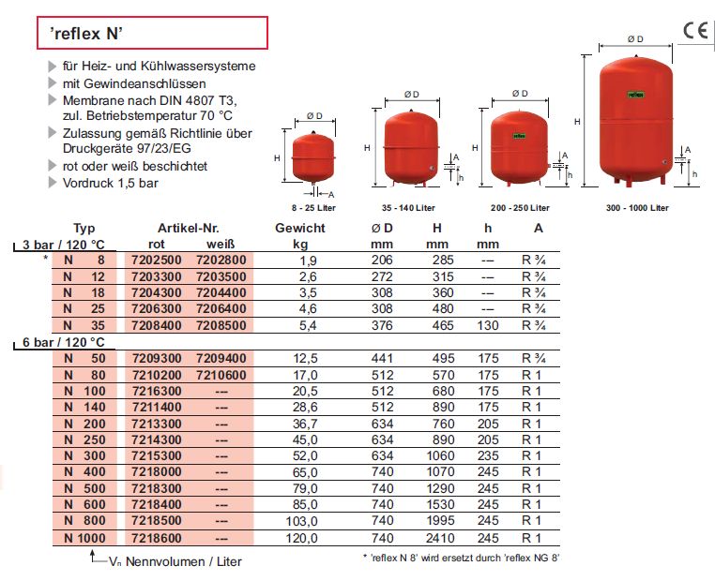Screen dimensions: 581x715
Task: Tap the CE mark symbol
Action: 695,30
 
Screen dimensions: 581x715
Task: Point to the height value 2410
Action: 438,539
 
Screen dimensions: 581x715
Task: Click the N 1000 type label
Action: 84,539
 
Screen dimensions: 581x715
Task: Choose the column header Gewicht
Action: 300,229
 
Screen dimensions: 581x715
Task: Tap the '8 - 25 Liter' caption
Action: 313,207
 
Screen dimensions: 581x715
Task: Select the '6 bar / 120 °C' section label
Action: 64,343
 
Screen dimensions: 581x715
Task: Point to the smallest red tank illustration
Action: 313,157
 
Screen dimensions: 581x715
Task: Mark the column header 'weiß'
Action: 221,245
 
